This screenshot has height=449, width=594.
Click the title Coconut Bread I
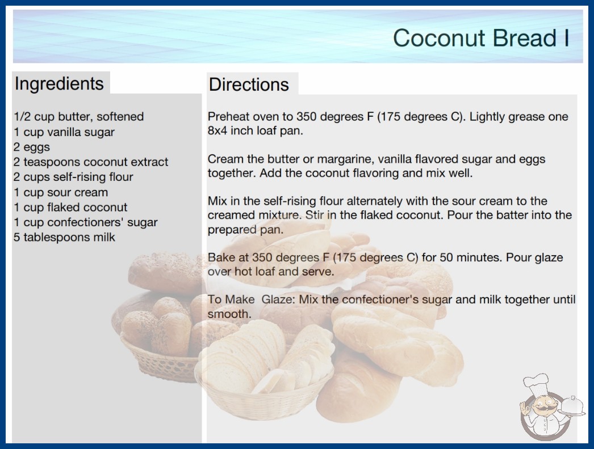click(481, 38)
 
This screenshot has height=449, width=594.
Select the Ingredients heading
click(59, 84)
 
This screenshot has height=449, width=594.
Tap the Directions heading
click(249, 84)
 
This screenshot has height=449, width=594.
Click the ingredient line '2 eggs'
click(32, 147)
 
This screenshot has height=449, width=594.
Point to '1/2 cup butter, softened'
click(79, 117)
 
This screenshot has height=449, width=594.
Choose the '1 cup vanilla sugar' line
click(64, 132)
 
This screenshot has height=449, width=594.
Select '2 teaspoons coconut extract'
click(91, 162)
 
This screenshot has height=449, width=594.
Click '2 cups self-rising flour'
click(73, 177)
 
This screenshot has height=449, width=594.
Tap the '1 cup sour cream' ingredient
click(61, 192)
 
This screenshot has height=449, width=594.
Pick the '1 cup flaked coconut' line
click(70, 207)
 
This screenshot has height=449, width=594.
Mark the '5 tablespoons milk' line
click(64, 237)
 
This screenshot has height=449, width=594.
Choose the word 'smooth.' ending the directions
click(229, 314)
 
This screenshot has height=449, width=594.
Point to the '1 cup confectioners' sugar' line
click(86, 222)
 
